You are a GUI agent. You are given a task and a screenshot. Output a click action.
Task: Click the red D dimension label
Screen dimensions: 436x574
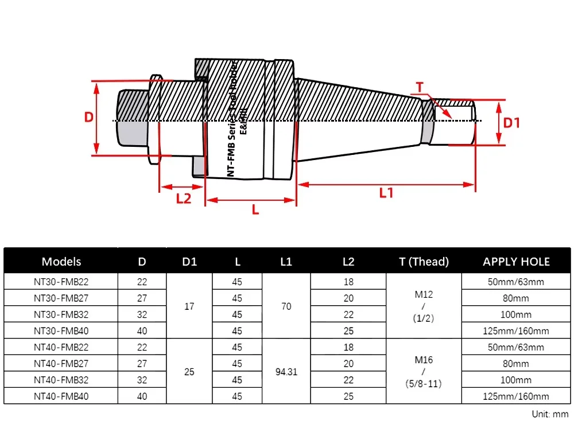(89, 117)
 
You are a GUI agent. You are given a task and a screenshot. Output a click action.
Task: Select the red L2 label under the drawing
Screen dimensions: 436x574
(183, 198)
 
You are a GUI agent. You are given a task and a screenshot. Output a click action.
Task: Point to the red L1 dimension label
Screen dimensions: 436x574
(386, 193)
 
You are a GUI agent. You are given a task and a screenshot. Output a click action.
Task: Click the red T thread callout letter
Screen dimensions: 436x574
(419, 87)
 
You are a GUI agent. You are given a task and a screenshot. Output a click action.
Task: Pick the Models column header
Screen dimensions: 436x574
(61, 262)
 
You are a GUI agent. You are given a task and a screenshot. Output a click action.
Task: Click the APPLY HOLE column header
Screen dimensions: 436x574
(516, 262)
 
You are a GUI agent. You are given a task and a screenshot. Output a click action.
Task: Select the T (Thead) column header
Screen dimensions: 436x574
(424, 262)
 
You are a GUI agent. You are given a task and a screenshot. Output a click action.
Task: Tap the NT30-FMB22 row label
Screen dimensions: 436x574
(61, 282)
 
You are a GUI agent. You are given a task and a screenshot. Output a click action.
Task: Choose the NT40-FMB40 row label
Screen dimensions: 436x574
(61, 396)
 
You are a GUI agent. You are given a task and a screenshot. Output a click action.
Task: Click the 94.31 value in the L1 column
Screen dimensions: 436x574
(286, 371)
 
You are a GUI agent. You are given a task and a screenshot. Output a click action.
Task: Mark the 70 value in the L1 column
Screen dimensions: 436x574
(286, 306)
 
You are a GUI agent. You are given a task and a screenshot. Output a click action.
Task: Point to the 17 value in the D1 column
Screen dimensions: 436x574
(189, 306)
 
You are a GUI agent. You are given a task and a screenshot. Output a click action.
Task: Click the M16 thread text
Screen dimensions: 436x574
(424, 360)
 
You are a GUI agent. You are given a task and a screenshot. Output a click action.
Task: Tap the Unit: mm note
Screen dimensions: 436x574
(549, 413)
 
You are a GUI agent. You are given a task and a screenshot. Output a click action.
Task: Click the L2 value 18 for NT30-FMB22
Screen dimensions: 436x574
(348, 282)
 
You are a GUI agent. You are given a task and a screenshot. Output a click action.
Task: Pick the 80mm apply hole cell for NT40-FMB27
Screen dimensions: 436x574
(515, 363)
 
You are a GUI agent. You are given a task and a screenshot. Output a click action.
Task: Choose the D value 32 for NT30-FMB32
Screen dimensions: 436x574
(142, 314)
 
